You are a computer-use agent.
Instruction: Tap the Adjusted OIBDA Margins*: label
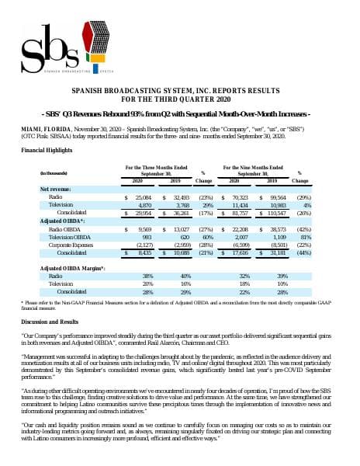point(73,267)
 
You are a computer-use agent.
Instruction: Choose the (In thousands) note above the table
point(50,172)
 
